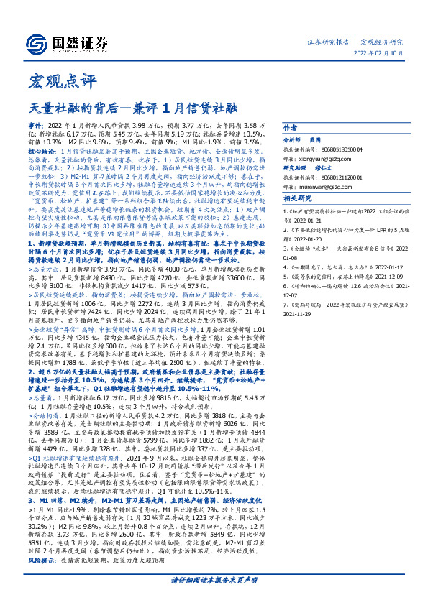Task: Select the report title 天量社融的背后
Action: [86, 108]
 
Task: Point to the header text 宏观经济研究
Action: [383, 42]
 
